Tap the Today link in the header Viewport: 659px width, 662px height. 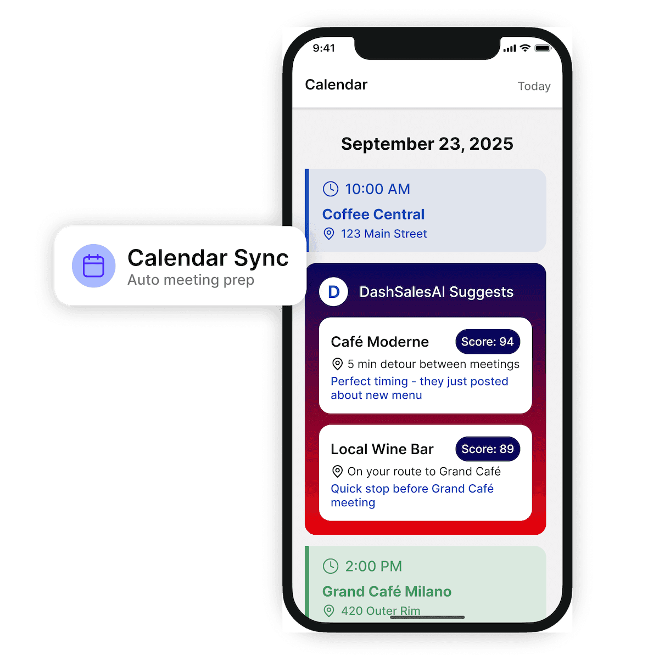coord(534,86)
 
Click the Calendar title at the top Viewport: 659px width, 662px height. coord(336,84)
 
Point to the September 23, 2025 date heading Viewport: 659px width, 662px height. coord(427,144)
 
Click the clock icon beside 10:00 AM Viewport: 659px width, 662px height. coord(331,189)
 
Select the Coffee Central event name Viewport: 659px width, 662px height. coord(373,214)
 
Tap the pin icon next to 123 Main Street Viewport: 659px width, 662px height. coord(328,234)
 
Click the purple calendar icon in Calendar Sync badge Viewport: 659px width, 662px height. coord(93,265)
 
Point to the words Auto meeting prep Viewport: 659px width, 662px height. coord(191,280)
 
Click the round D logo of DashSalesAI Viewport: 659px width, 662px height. coord(333,292)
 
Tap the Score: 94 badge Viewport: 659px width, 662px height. coord(487,342)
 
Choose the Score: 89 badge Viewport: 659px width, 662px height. coord(487,449)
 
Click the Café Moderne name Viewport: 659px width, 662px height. coord(379,342)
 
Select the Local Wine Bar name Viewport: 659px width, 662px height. coord(382,449)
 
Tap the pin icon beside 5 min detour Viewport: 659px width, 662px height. coord(337,364)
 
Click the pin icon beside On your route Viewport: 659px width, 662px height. coord(337,471)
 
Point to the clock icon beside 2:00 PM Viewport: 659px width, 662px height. coord(331,566)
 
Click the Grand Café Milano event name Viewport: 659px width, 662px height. coord(387,592)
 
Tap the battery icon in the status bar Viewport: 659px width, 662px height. coord(543,48)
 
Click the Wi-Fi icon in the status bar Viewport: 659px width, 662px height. coord(525,48)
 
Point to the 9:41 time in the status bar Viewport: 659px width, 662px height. coord(323,48)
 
